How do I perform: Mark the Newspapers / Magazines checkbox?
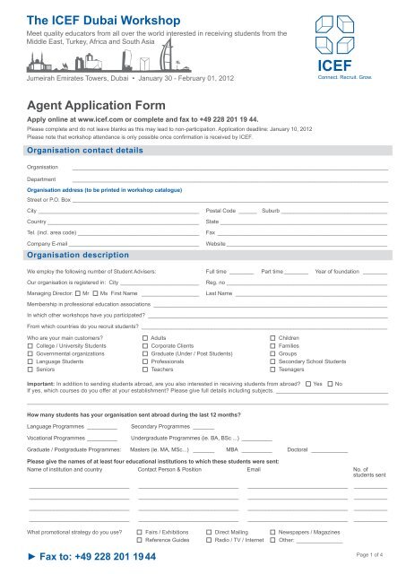pos(272,533)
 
